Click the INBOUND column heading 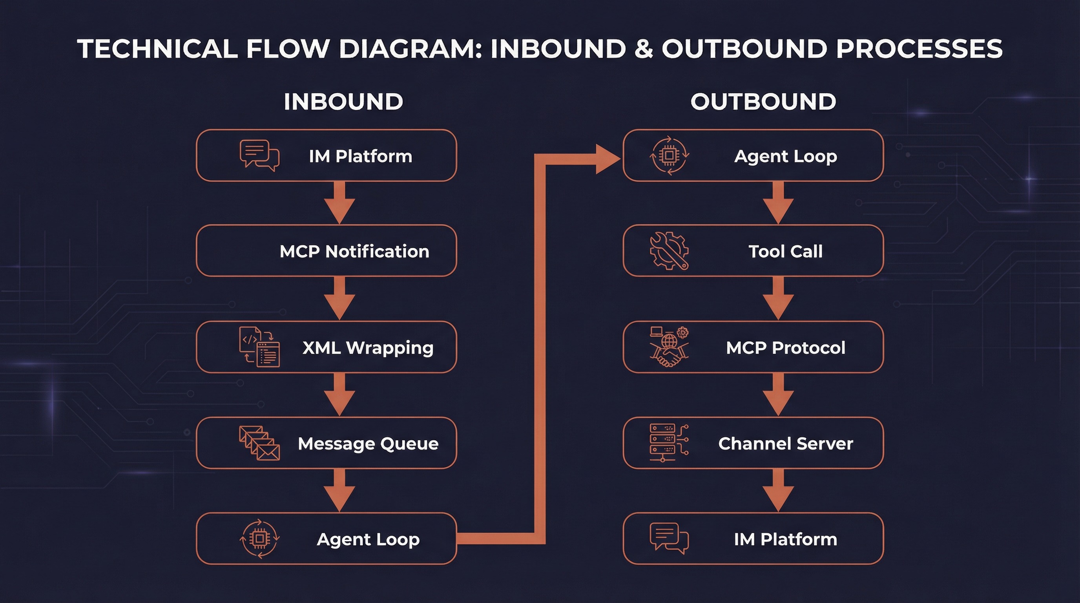(343, 102)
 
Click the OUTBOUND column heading (763, 102)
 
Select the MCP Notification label (354, 251)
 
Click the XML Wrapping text (368, 347)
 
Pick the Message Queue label (368, 443)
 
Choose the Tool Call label (785, 251)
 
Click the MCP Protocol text (785, 347)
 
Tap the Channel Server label (785, 443)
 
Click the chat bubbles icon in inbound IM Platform (259, 155)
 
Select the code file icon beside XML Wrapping (259, 347)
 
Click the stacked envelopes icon (259, 443)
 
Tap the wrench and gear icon (669, 251)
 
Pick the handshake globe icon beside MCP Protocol (669, 347)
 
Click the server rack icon (668, 443)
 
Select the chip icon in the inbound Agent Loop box (259, 539)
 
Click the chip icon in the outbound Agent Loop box (669, 155)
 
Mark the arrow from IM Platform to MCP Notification (339, 203)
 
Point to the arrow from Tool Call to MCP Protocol (778, 299)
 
